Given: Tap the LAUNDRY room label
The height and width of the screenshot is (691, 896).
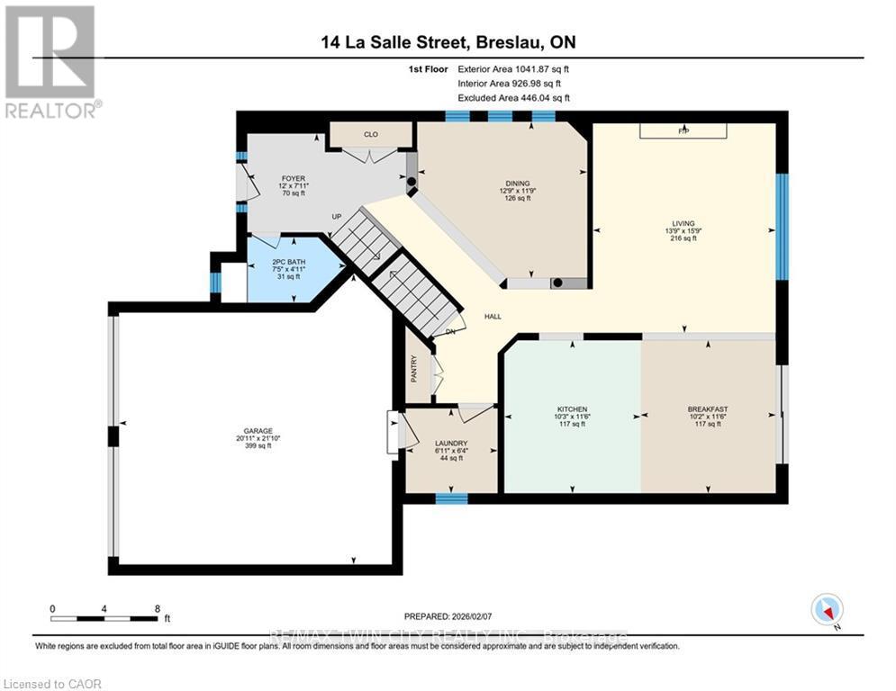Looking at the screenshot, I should point(450,444).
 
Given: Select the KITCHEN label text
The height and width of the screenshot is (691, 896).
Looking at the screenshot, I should point(573,408).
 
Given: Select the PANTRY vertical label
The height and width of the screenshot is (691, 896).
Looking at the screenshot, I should point(414,369).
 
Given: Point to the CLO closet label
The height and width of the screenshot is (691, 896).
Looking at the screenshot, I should point(370,134).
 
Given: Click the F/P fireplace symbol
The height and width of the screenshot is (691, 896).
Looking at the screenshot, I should point(683,131).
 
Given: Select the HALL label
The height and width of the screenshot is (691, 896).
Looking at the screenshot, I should point(493,317).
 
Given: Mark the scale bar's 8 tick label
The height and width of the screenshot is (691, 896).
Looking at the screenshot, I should point(157,608).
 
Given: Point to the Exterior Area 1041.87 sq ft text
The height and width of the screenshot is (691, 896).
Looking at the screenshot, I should point(513,68).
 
